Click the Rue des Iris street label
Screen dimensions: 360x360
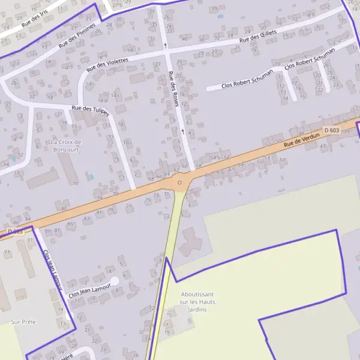point(34,17)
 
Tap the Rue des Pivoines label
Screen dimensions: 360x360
point(77,35)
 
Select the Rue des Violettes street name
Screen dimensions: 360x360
point(107,64)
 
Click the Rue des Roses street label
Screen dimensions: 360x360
point(175,86)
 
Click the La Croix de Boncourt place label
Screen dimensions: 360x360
point(66,146)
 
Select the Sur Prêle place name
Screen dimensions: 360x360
point(23,322)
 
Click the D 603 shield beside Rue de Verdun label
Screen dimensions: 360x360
point(331,130)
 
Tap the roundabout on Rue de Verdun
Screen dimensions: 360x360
point(179,182)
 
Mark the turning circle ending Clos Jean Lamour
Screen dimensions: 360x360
point(114,280)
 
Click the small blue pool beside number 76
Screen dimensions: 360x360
point(91,176)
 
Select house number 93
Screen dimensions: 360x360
point(7,252)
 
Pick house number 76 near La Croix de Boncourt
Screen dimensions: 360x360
point(76,183)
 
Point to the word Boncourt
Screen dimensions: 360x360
point(66,150)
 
